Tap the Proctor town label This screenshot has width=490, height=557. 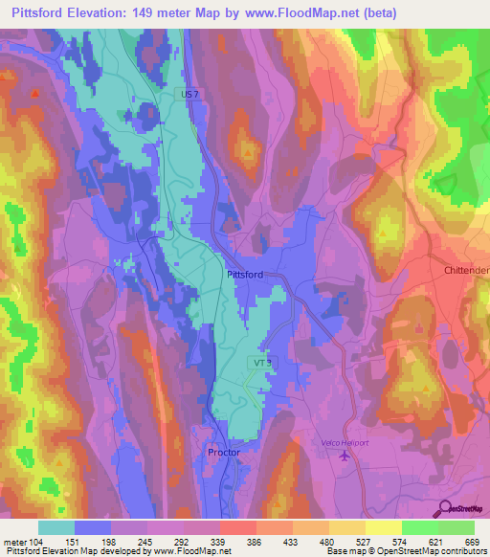223,450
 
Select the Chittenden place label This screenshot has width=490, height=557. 466,271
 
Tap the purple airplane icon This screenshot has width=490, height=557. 345,453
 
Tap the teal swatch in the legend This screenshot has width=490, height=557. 56,527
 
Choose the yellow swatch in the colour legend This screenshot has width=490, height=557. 384,527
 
